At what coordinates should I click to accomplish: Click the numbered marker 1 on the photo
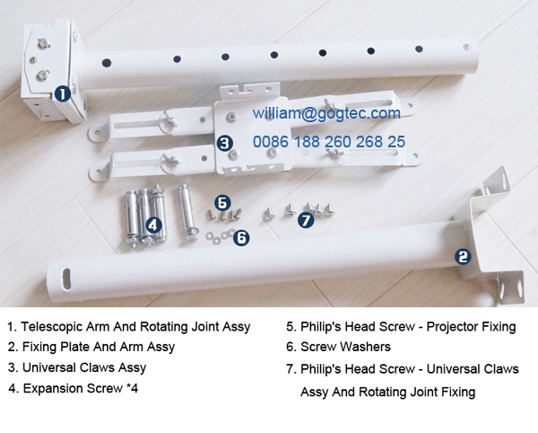pos(63,93)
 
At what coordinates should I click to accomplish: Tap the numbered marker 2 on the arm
pos(463,257)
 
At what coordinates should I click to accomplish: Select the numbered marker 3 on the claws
pos(225,143)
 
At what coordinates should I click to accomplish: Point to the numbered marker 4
pos(153,225)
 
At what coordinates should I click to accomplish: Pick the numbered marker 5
pos(222,203)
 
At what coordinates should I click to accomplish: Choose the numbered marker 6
pos(241,237)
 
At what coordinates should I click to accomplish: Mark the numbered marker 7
pos(306,219)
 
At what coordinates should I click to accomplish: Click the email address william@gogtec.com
pos(326,113)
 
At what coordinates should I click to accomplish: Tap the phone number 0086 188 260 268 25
pos(329,142)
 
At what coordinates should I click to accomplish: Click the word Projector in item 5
pos(448,327)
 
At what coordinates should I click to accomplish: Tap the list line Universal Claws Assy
pos(84,367)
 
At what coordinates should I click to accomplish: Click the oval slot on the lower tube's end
pos(66,278)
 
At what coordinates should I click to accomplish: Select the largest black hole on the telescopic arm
pos(107,63)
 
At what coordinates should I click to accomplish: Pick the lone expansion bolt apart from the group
pos(187,212)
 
